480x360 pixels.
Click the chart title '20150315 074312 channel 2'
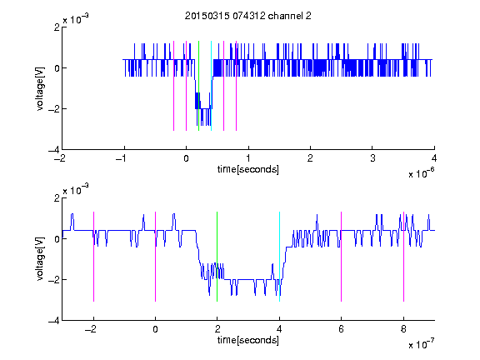pyautogui.click(x=248, y=16)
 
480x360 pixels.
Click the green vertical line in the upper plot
pyautogui.click(x=198, y=86)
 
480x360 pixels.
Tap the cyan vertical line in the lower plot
pyautogui.click(x=279, y=257)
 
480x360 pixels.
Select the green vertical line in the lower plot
pyautogui.click(x=217, y=257)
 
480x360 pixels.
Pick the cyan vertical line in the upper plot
pyautogui.click(x=211, y=86)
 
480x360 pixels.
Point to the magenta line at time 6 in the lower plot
pyautogui.click(x=342, y=257)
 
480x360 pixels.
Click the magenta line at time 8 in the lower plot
pyautogui.click(x=403, y=257)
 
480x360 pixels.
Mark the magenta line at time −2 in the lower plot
pyautogui.click(x=93, y=257)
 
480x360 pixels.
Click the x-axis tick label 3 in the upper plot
pyautogui.click(x=372, y=158)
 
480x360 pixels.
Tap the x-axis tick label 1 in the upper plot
pyautogui.click(x=248, y=158)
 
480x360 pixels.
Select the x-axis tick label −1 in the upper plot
pyautogui.click(x=122, y=158)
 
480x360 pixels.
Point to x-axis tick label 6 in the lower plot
pyautogui.click(x=342, y=329)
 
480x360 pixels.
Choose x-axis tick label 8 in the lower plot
pyautogui.click(x=403, y=329)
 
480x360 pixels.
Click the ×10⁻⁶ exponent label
pyautogui.click(x=421, y=173)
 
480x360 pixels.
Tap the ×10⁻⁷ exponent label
pyautogui.click(x=421, y=344)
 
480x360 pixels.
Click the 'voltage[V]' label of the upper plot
pyautogui.click(x=40, y=88)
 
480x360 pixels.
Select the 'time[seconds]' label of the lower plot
pyautogui.click(x=248, y=340)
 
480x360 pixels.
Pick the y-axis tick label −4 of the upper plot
pyautogui.click(x=54, y=150)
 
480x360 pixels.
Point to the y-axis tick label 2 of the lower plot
pyautogui.click(x=57, y=198)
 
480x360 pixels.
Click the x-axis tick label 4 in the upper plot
pyautogui.click(x=434, y=158)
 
